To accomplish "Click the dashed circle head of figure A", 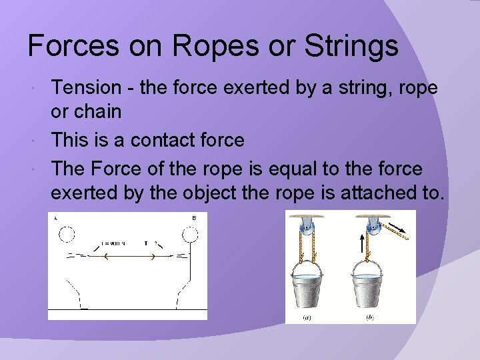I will pos(67,235).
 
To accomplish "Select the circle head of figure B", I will pos(189,235).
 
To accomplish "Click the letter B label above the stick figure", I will pos(193,218).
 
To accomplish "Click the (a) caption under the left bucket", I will pos(307,317).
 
